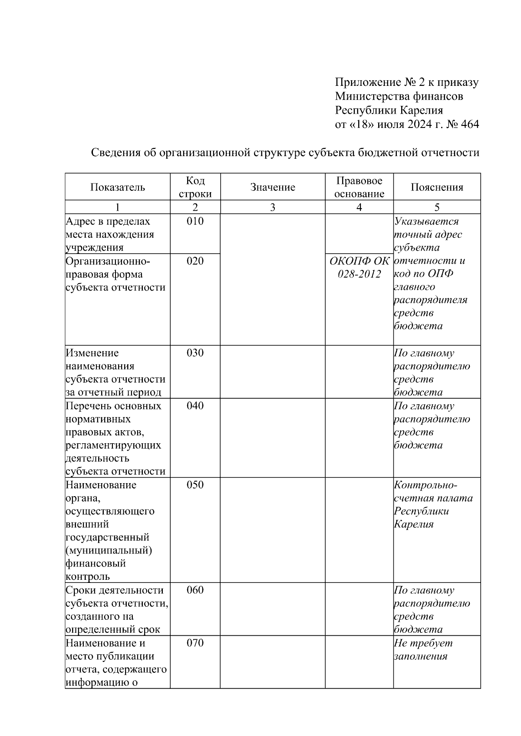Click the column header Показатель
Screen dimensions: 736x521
click(x=117, y=187)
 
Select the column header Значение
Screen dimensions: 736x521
click(x=272, y=187)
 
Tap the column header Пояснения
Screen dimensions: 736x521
click(x=437, y=187)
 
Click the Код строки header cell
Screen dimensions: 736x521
click(x=195, y=187)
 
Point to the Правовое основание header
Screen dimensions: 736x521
click(x=359, y=187)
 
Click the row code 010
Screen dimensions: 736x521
click(x=195, y=221)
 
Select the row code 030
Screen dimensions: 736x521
click(x=195, y=353)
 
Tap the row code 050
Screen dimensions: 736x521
click(x=195, y=485)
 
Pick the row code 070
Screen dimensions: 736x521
click(x=195, y=643)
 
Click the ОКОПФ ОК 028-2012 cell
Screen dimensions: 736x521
click(x=359, y=268)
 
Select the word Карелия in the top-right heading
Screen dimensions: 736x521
click(x=421, y=110)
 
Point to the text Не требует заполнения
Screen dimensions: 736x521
click(x=423, y=650)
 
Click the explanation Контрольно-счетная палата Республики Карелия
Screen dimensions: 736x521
click(x=433, y=504)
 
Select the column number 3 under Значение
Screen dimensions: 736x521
click(x=272, y=207)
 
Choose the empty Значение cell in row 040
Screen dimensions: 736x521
click(x=272, y=438)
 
